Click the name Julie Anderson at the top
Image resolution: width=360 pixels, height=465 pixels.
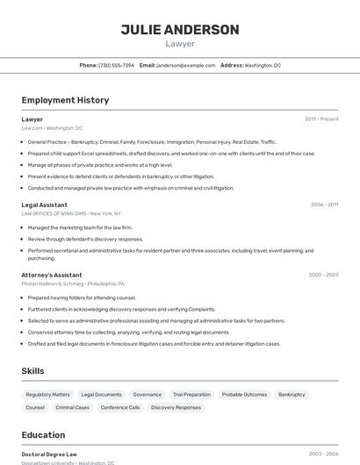coord(180,30)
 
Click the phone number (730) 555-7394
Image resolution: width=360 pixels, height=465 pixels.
coord(117,65)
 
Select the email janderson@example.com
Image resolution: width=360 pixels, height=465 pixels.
coord(186,65)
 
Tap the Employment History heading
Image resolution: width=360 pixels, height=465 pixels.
coord(65,100)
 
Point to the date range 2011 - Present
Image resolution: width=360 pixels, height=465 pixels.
coord(321,119)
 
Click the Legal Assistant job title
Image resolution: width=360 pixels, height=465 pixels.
coord(44,204)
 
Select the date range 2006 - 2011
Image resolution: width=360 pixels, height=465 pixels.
coord(324,204)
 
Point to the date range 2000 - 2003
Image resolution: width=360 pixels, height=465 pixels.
coord(323,275)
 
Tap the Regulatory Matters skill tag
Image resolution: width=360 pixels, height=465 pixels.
coord(47,395)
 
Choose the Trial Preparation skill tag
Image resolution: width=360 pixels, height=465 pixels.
coord(191,395)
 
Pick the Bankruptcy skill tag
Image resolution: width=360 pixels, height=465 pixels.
coord(292,395)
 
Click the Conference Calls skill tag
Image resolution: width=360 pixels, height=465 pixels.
coord(120,407)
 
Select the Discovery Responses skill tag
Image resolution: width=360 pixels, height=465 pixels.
coord(176,407)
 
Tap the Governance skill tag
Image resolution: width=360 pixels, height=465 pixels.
coord(148,395)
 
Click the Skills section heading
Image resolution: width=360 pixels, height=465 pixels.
coord(32,371)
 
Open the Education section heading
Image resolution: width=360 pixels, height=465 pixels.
coord(43,435)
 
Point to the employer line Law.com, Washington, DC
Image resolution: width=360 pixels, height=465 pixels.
coord(52,127)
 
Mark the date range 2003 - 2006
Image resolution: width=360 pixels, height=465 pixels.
coord(323,454)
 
